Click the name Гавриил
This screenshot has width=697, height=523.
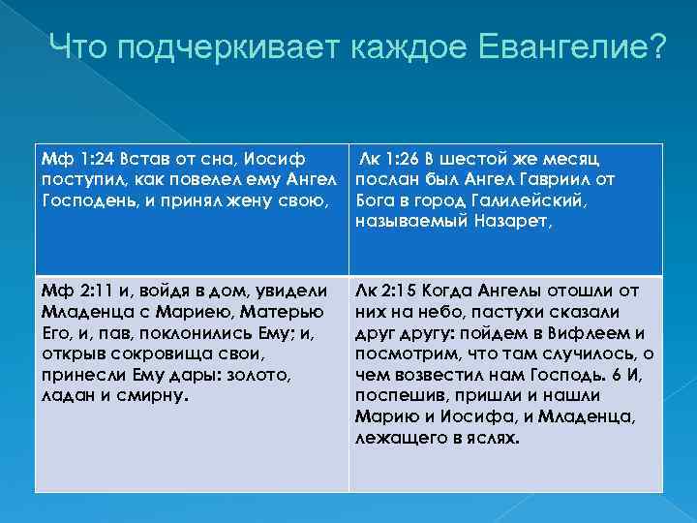pos(572,179)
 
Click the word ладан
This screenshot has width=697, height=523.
pos(65,397)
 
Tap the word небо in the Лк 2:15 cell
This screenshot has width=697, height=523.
pos(438,312)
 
